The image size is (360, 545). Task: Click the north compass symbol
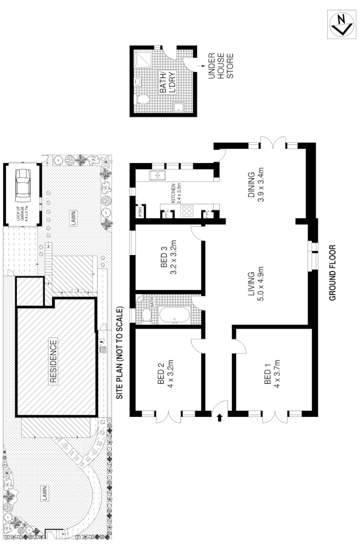(342, 24)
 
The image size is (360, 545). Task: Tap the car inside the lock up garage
(23, 186)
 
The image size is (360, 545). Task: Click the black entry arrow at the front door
(220, 418)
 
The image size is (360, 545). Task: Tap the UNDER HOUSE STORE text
(221, 65)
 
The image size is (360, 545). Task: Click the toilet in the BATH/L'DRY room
(143, 99)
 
